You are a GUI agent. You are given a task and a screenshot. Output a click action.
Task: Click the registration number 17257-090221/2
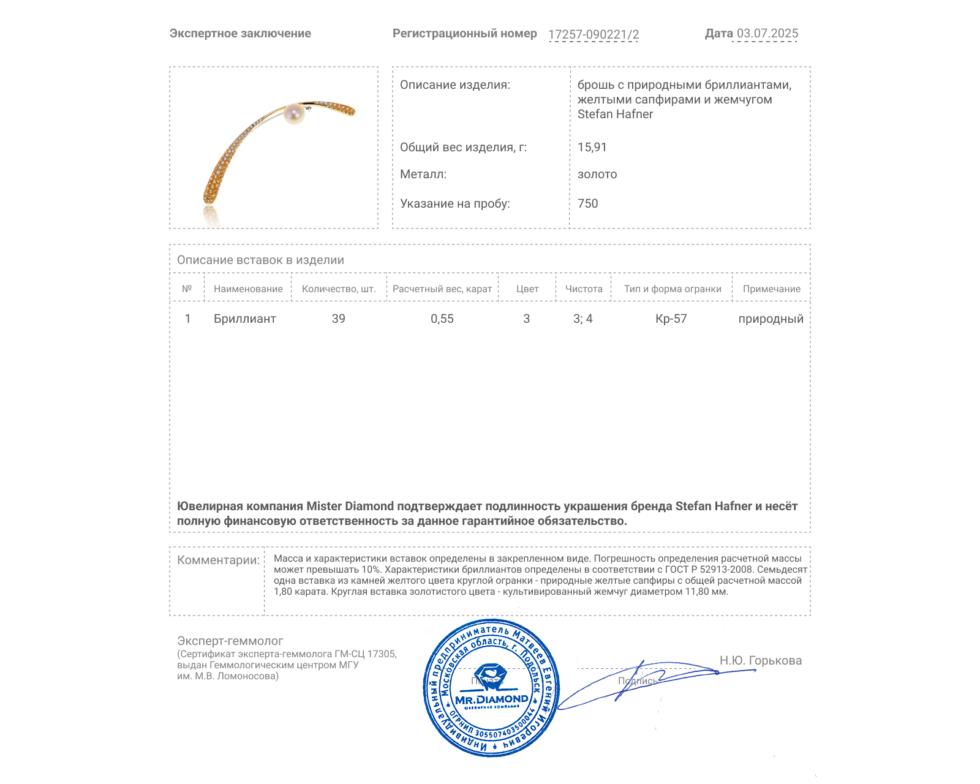coord(593,34)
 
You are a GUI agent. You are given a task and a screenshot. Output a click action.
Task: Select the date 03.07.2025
coord(767,34)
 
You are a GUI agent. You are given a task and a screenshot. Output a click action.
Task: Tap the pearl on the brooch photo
coord(294,114)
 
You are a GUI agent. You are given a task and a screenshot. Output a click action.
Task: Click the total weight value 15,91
coord(592,147)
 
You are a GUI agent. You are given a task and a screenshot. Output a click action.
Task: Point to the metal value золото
coord(597,174)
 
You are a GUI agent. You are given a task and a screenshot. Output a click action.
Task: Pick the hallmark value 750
coord(587,203)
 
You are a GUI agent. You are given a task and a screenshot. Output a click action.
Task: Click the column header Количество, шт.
coord(339,289)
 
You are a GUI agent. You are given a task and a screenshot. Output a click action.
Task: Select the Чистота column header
coord(584,289)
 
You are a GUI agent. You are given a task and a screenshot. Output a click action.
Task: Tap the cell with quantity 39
coord(338,318)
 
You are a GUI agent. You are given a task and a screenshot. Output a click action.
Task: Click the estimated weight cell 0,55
coord(442,318)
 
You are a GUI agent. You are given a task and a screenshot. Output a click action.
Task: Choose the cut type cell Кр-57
coord(671,318)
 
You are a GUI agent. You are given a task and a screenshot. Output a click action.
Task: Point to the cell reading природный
coord(771,318)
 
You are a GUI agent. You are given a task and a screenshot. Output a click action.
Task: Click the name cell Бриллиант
coord(245,318)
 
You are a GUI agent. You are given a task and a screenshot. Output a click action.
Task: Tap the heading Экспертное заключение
coord(240,34)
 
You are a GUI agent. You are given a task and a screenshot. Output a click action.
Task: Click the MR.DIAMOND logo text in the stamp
coord(491,699)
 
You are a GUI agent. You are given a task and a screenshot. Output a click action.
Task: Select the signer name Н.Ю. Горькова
coord(760,660)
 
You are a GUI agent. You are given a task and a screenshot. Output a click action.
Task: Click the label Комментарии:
coord(218,560)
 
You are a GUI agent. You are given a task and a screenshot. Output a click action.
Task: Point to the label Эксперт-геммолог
coord(230,641)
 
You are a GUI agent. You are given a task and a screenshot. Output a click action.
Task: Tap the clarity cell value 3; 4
coord(582,318)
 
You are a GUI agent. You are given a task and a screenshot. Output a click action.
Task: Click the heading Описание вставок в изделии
coord(260,260)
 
